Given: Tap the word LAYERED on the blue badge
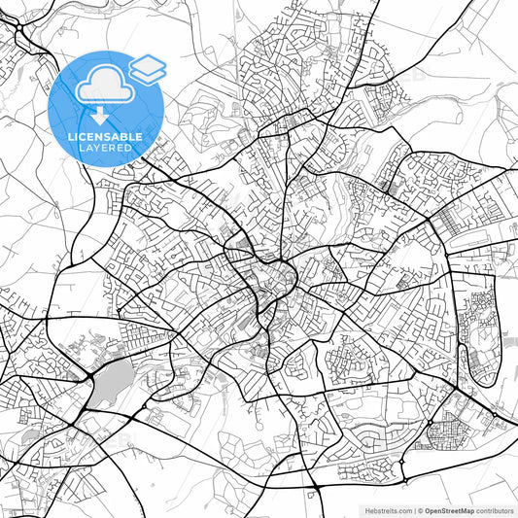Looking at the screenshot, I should coord(106,150).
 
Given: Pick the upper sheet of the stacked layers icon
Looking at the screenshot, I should coord(147,64).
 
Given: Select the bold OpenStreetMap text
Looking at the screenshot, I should coord(449,510).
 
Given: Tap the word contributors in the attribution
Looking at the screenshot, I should coord(494,510).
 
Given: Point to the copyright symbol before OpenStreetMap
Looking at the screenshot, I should coord(420,510).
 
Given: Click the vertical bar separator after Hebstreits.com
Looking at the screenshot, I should coord(413,510).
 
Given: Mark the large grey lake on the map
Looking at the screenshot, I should coord(112,380).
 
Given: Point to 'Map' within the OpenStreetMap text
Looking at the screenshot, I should coord(466,510).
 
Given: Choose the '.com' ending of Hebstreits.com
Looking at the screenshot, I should coord(402,510).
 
